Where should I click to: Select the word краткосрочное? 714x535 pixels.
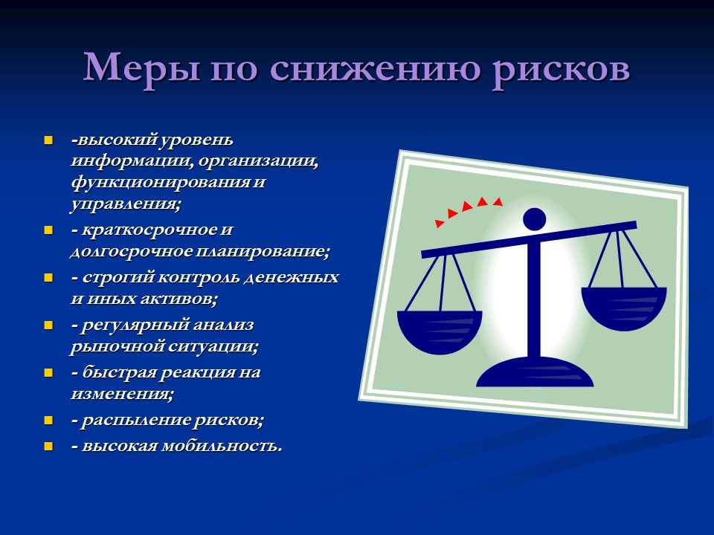[148, 230]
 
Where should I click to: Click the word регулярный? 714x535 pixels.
[141, 325]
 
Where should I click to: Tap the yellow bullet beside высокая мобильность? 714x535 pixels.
[48, 446]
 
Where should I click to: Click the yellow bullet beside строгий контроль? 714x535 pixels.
[48, 278]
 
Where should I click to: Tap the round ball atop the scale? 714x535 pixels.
[534, 218]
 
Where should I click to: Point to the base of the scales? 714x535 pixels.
[535, 374]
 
